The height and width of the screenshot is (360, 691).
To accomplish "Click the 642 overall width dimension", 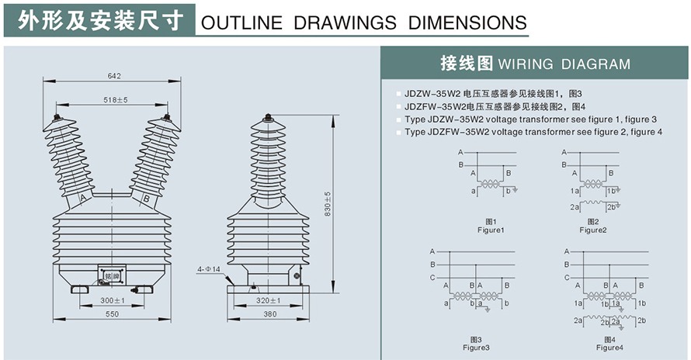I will point(113,76).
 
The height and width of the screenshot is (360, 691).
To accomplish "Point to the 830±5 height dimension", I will point(328,203).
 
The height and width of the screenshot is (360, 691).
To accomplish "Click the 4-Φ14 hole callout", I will point(209,269).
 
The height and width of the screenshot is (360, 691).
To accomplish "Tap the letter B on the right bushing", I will point(145,199).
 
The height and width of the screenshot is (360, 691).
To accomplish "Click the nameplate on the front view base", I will point(110,276).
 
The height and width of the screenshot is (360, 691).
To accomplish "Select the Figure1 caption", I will point(491,230).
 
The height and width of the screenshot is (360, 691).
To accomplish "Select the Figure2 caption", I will point(592,230).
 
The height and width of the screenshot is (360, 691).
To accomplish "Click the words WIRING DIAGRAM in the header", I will point(564,64).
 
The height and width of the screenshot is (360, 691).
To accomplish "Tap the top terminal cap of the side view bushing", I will point(268,119).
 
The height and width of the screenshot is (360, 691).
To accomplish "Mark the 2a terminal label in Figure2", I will point(574,207).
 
